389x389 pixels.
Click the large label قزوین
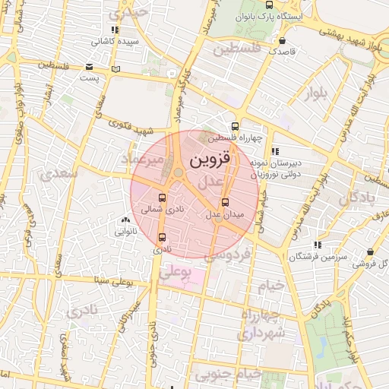(x=203, y=160)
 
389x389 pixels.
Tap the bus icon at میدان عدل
(x=225, y=202)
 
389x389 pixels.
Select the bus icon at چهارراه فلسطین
(x=235, y=127)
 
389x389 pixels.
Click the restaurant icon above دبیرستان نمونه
(x=275, y=151)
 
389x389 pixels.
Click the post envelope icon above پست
(x=90, y=67)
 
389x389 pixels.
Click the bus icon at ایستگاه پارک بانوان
(x=270, y=5)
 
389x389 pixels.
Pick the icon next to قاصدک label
(x=283, y=40)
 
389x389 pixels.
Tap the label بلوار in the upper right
(x=316, y=93)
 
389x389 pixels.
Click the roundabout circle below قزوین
(x=178, y=173)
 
